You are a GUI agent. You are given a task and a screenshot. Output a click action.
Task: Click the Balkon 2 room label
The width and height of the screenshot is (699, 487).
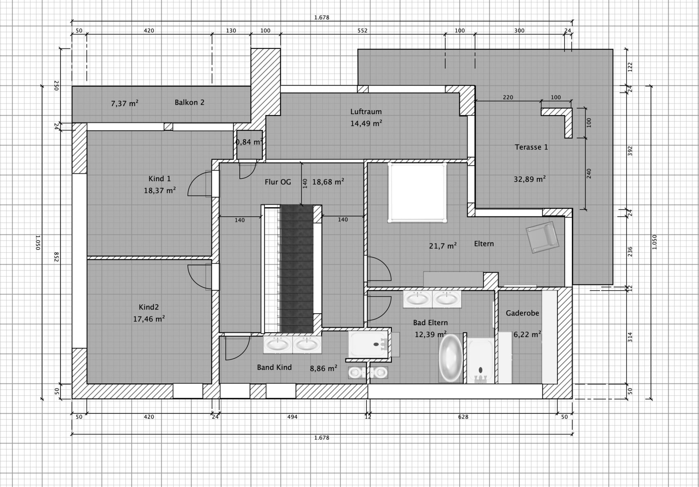[x=190, y=102]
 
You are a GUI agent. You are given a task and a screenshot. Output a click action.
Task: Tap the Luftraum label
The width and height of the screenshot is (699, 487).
[x=366, y=111]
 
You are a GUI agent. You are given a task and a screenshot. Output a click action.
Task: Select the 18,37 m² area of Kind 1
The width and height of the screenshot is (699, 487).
[x=160, y=190]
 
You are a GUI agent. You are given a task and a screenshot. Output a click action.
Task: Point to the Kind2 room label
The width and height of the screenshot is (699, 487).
[x=148, y=307]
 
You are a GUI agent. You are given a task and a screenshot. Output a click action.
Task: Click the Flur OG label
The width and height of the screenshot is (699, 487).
[x=278, y=182]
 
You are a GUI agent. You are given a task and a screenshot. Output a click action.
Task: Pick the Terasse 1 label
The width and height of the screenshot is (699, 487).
[x=531, y=147]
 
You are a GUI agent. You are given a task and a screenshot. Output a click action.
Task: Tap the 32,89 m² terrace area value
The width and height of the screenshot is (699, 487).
[x=530, y=179]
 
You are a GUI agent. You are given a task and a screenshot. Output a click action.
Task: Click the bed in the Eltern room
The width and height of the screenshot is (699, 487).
[x=417, y=192]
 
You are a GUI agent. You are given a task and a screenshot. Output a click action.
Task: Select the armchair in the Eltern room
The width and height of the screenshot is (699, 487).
[x=542, y=237]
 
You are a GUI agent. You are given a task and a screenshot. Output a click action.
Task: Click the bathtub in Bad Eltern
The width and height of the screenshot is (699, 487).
[x=450, y=358]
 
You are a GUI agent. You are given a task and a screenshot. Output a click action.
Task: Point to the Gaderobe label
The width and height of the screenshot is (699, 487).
[x=522, y=313]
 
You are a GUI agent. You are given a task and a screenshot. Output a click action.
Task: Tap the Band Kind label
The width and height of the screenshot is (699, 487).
[x=274, y=367]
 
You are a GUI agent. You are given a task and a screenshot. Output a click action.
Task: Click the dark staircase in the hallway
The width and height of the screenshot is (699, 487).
[x=297, y=269]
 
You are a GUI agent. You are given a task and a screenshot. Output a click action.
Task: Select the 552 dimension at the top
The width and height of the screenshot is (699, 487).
[x=362, y=30]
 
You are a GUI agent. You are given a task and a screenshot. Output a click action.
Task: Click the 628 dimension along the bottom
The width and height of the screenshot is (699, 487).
[x=463, y=417]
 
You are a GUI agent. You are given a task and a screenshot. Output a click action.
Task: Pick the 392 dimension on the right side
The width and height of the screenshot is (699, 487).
[x=630, y=151]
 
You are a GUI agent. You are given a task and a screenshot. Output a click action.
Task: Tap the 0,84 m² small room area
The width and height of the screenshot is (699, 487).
[x=249, y=142]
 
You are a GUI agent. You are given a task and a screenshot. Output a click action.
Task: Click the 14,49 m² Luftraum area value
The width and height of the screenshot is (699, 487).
[x=366, y=123]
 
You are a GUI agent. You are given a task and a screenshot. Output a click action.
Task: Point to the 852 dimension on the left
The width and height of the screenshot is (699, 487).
[x=56, y=257]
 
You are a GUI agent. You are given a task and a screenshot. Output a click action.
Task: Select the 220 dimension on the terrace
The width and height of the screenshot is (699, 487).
[x=508, y=97]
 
